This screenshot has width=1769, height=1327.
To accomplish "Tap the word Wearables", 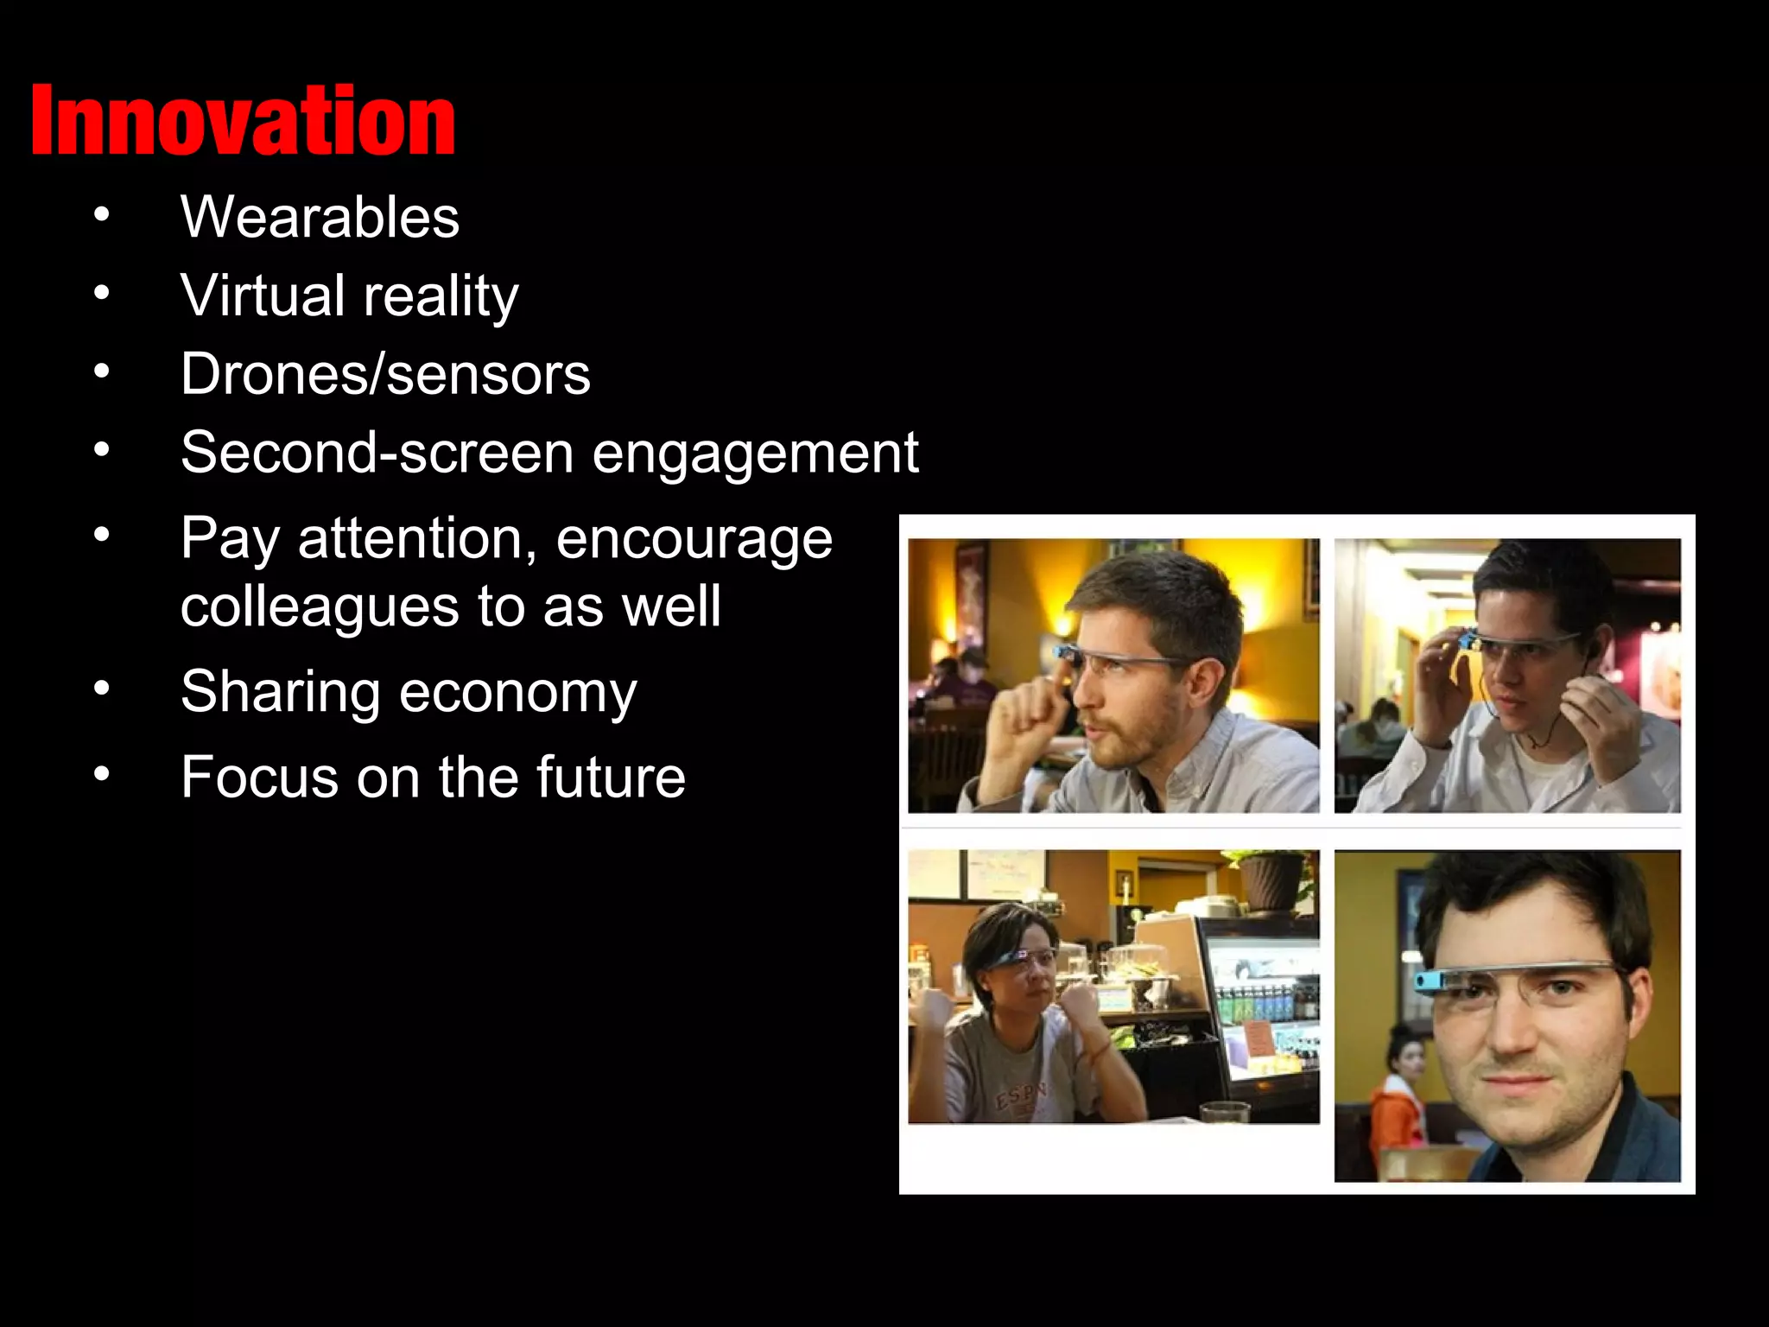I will point(320,217).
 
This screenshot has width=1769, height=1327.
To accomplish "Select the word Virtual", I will point(263,295).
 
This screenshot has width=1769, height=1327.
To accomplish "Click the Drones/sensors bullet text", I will point(385,374).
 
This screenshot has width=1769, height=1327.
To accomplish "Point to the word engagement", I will point(756,453).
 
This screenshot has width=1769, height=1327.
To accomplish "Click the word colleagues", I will point(320,606).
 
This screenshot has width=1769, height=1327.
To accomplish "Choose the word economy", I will point(517,693).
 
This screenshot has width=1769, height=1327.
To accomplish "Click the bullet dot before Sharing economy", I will point(102,689).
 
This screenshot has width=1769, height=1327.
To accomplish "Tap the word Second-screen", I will point(377,453).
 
